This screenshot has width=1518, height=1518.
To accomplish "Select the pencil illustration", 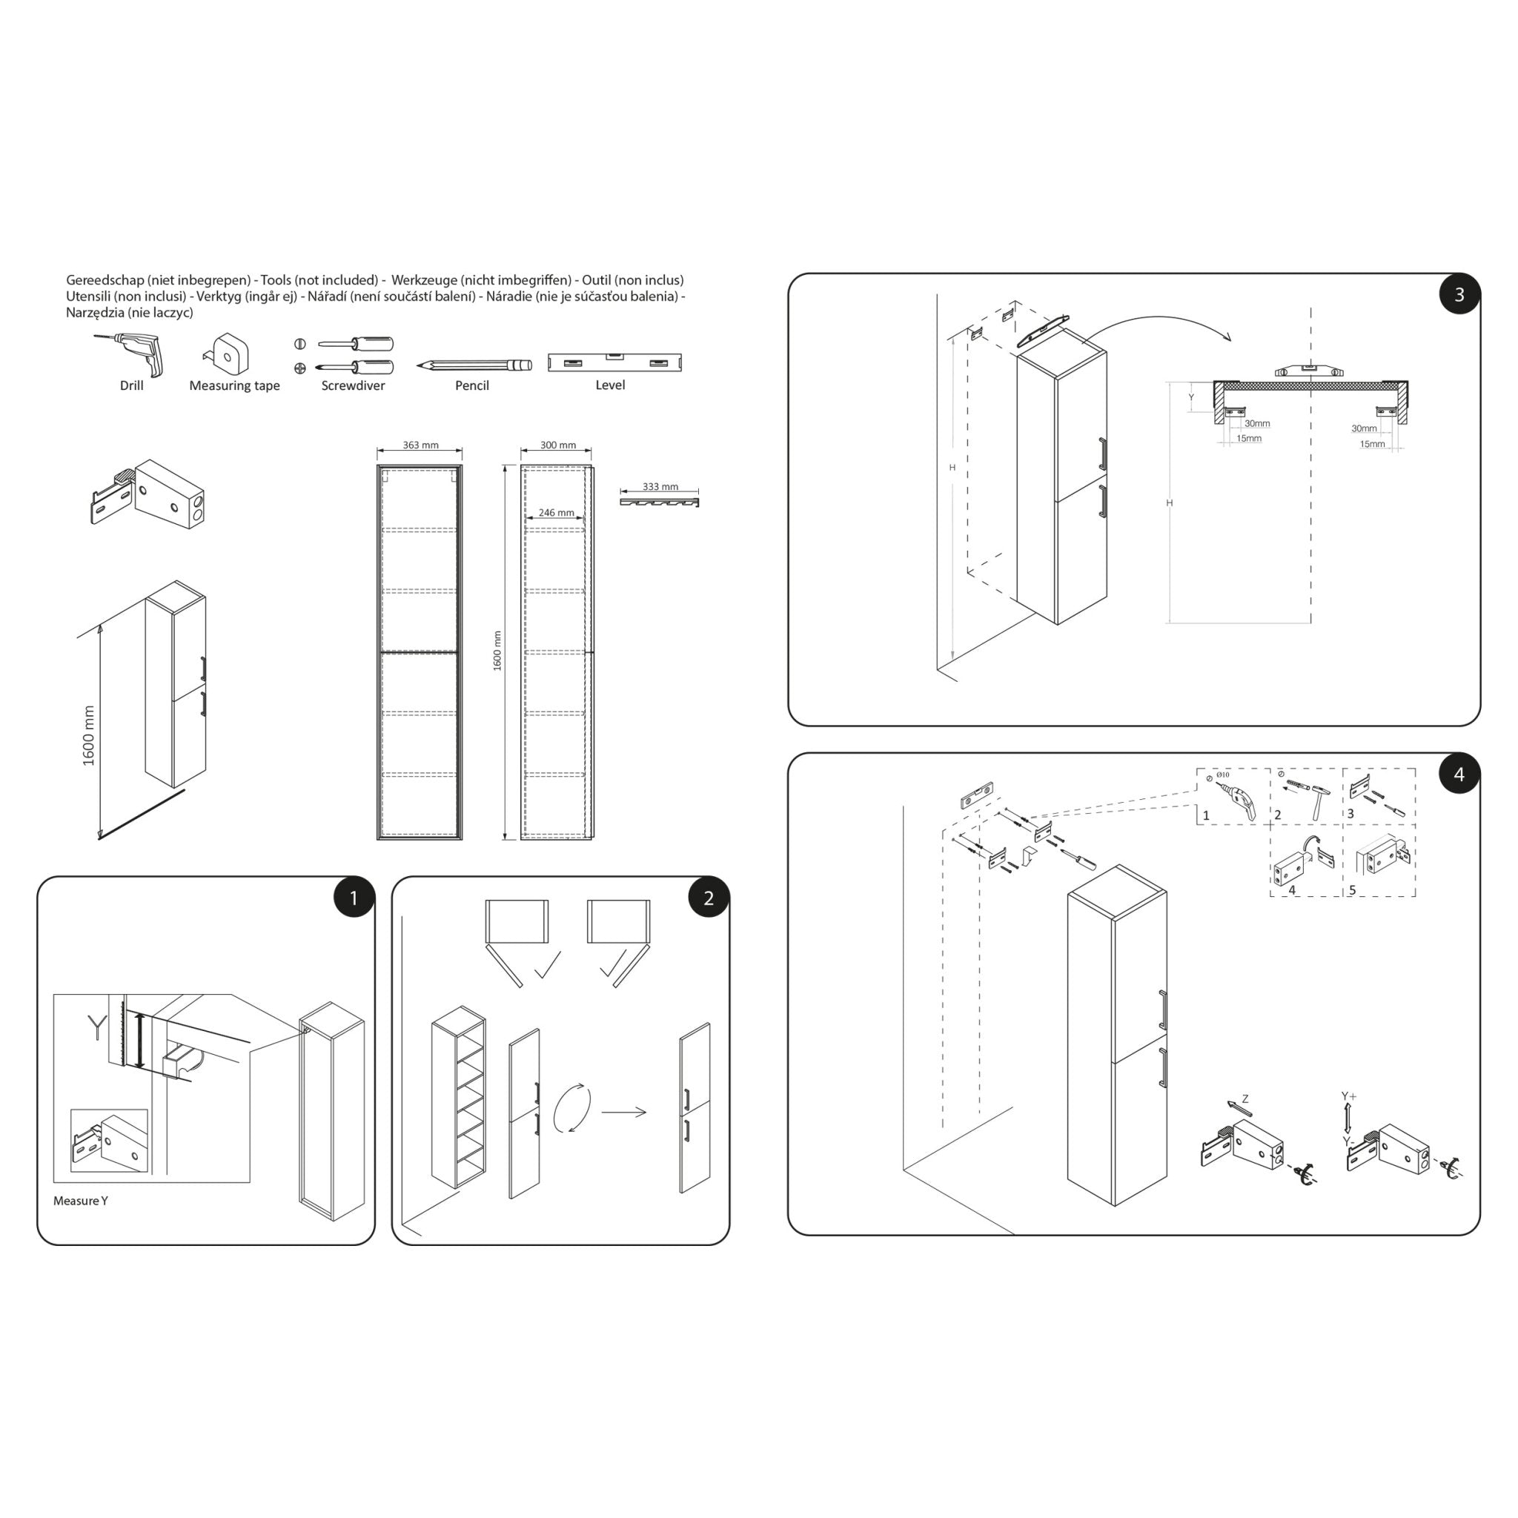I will point(474,365).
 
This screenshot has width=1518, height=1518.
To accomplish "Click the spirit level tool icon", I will point(614,362).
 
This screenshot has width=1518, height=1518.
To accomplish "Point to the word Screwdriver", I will point(353,385).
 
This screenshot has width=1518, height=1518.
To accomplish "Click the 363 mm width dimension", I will point(420,445).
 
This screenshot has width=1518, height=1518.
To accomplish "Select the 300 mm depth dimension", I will point(558,445).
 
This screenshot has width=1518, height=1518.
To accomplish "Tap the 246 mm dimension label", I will point(557,513).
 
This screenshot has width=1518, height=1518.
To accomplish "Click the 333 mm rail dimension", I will point(660,487).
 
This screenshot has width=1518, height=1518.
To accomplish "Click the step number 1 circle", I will point(354,898).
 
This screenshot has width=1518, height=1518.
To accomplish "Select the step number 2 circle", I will point(708,898).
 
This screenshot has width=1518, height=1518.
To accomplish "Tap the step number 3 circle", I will point(1459,294).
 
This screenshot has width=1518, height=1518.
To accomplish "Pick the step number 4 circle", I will point(1459,774).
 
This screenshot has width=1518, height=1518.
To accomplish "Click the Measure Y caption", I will point(80,1201).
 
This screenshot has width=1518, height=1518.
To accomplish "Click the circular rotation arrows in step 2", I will point(572,1108).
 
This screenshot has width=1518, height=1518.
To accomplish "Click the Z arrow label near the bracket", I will point(1245,1099).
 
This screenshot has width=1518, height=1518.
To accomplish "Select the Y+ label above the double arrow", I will point(1348,1096).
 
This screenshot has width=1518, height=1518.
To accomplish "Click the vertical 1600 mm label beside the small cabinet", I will point(89,736).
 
